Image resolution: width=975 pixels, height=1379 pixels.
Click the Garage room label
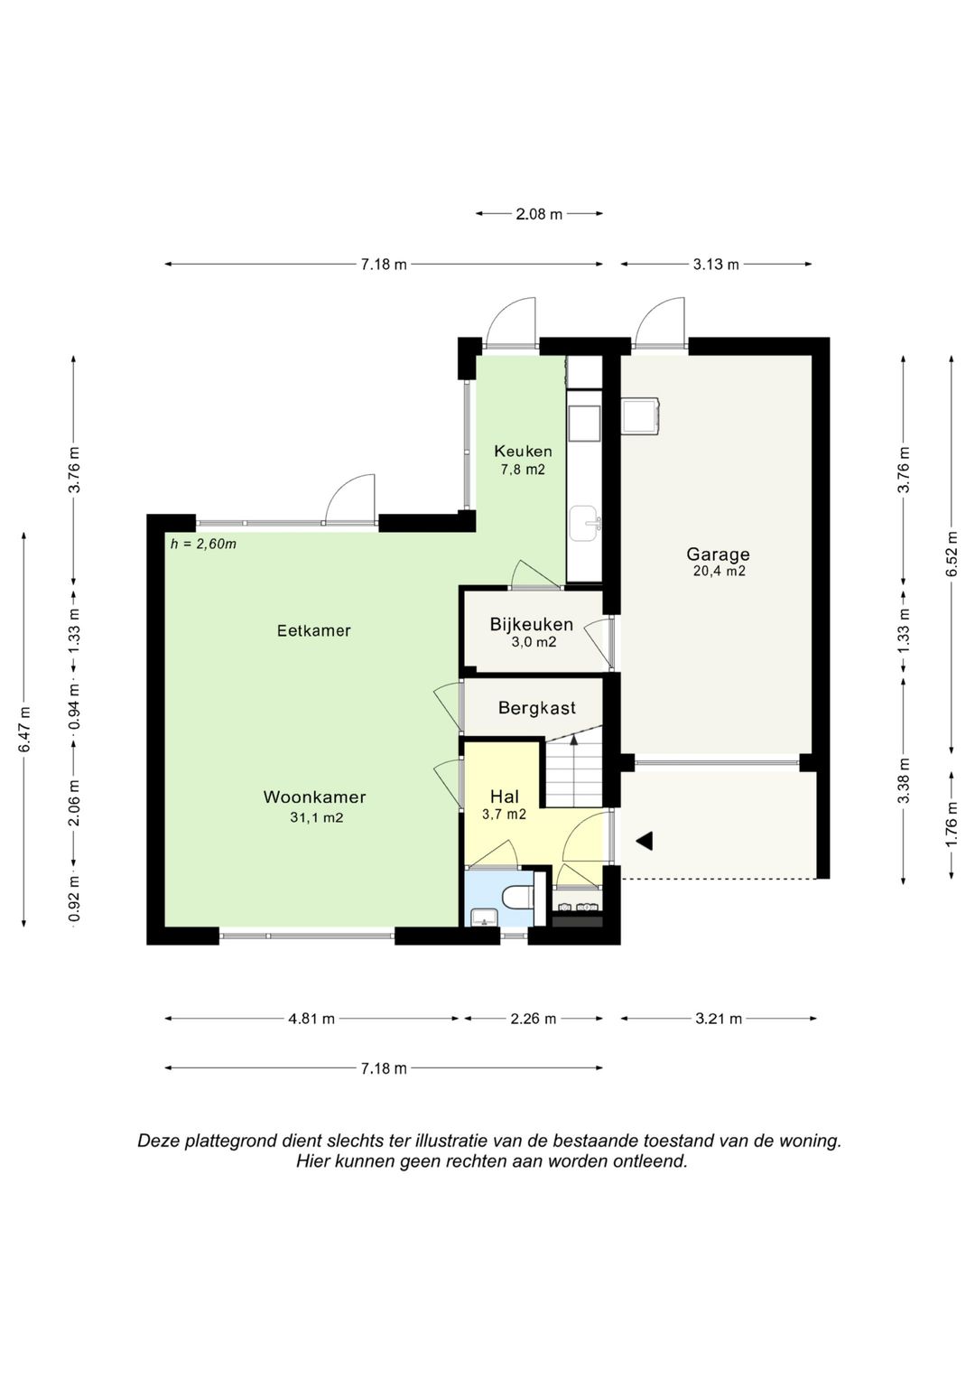tap(718, 554)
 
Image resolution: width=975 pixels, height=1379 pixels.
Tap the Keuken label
tap(523, 452)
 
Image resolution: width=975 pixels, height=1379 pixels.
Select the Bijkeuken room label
tap(531, 624)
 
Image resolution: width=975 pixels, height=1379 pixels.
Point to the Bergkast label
tap(537, 708)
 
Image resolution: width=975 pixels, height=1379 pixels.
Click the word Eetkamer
tap(314, 630)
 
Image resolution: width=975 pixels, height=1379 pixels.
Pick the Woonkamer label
tap(314, 797)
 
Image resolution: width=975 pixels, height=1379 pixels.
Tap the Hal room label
tap(505, 797)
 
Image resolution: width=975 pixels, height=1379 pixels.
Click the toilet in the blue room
tap(518, 897)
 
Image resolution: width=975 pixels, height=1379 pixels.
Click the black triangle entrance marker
tap(645, 841)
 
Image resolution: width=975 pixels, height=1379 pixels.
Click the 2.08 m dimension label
tap(539, 214)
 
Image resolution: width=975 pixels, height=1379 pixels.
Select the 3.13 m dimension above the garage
tap(716, 265)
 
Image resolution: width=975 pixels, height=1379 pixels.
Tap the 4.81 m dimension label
tap(311, 1019)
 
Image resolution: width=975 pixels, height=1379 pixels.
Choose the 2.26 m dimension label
tap(533, 1019)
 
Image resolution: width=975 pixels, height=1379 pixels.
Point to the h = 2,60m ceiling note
tap(203, 545)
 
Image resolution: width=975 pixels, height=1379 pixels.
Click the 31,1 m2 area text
tap(316, 817)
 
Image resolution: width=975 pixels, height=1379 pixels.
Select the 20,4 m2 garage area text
tap(719, 571)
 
